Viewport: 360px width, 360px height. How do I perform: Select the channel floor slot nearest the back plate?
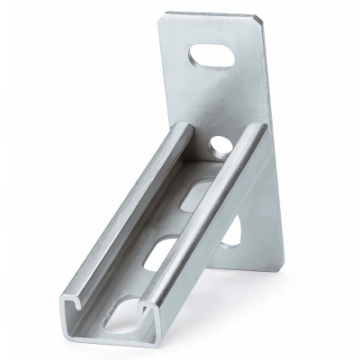[x=198, y=195]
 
